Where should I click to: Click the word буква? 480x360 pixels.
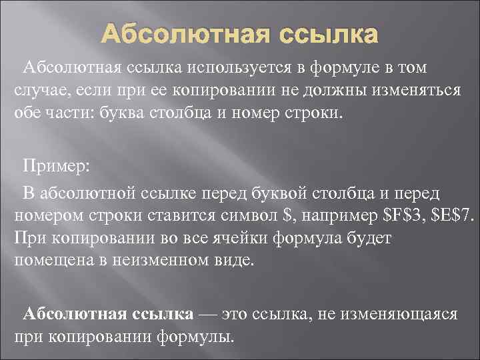(x=125, y=111)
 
